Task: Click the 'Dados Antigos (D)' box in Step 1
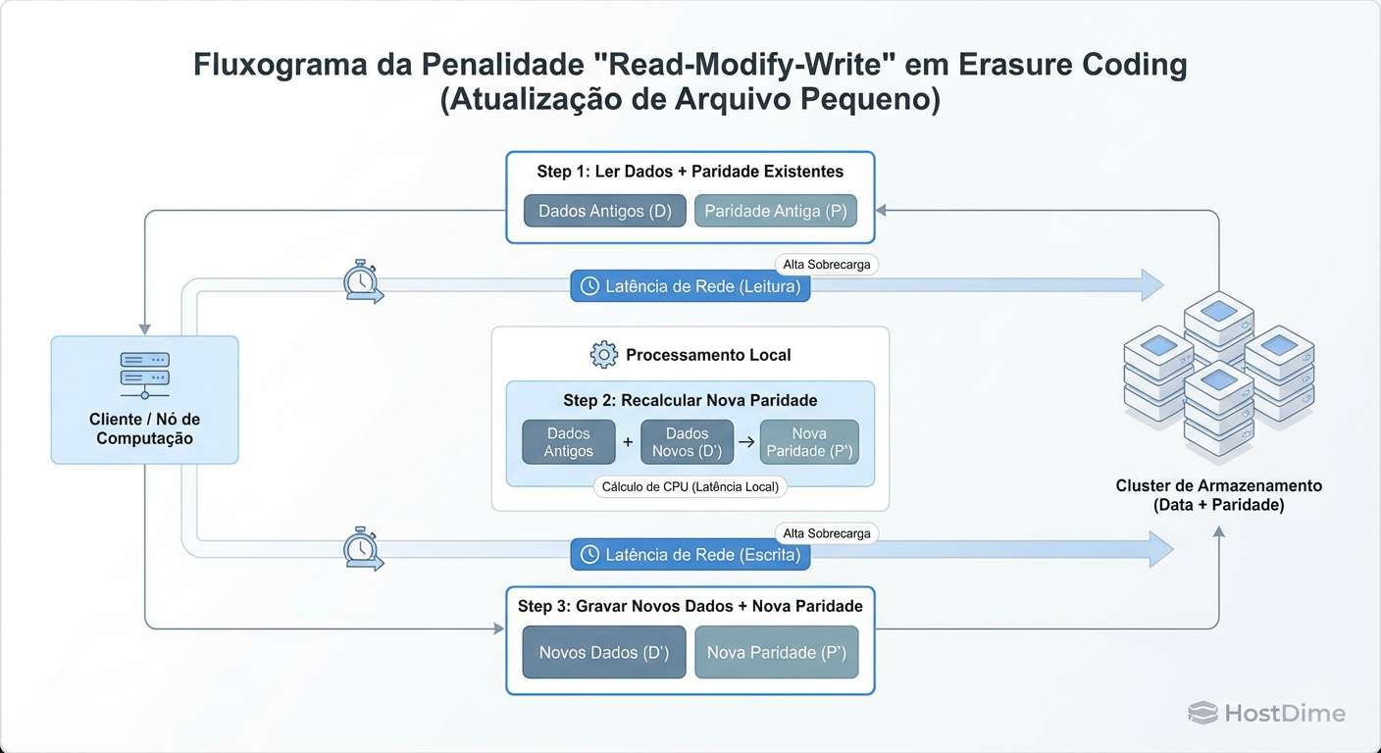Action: tap(604, 211)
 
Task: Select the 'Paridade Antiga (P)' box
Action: tap(775, 211)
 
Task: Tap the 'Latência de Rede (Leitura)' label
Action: tap(690, 286)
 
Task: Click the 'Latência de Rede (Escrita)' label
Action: tap(690, 555)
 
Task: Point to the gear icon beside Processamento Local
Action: tap(603, 355)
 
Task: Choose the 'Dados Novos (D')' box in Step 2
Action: tap(687, 442)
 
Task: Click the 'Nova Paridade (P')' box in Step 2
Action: tap(809, 442)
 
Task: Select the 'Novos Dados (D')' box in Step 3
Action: tap(603, 652)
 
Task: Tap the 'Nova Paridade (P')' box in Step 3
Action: tap(776, 652)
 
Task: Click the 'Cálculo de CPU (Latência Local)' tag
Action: tap(690, 487)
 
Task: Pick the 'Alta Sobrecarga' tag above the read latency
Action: tap(826, 265)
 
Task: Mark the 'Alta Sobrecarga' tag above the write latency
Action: tap(826, 533)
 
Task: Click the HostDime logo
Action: tap(1266, 713)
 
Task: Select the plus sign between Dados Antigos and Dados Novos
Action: tap(628, 442)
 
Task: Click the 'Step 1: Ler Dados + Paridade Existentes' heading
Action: tap(690, 172)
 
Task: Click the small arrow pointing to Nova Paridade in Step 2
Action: tap(746, 442)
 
